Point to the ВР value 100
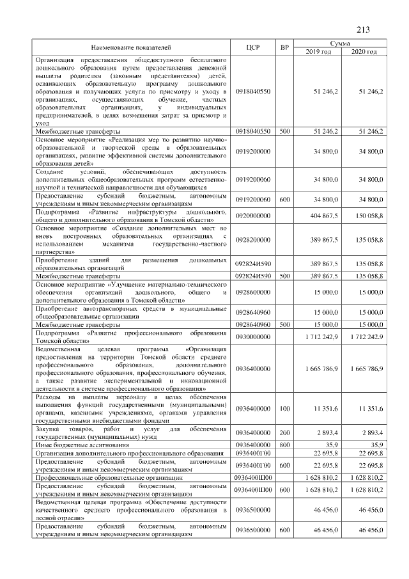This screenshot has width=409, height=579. tap(284, 408)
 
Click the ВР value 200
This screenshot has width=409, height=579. tap(284, 432)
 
